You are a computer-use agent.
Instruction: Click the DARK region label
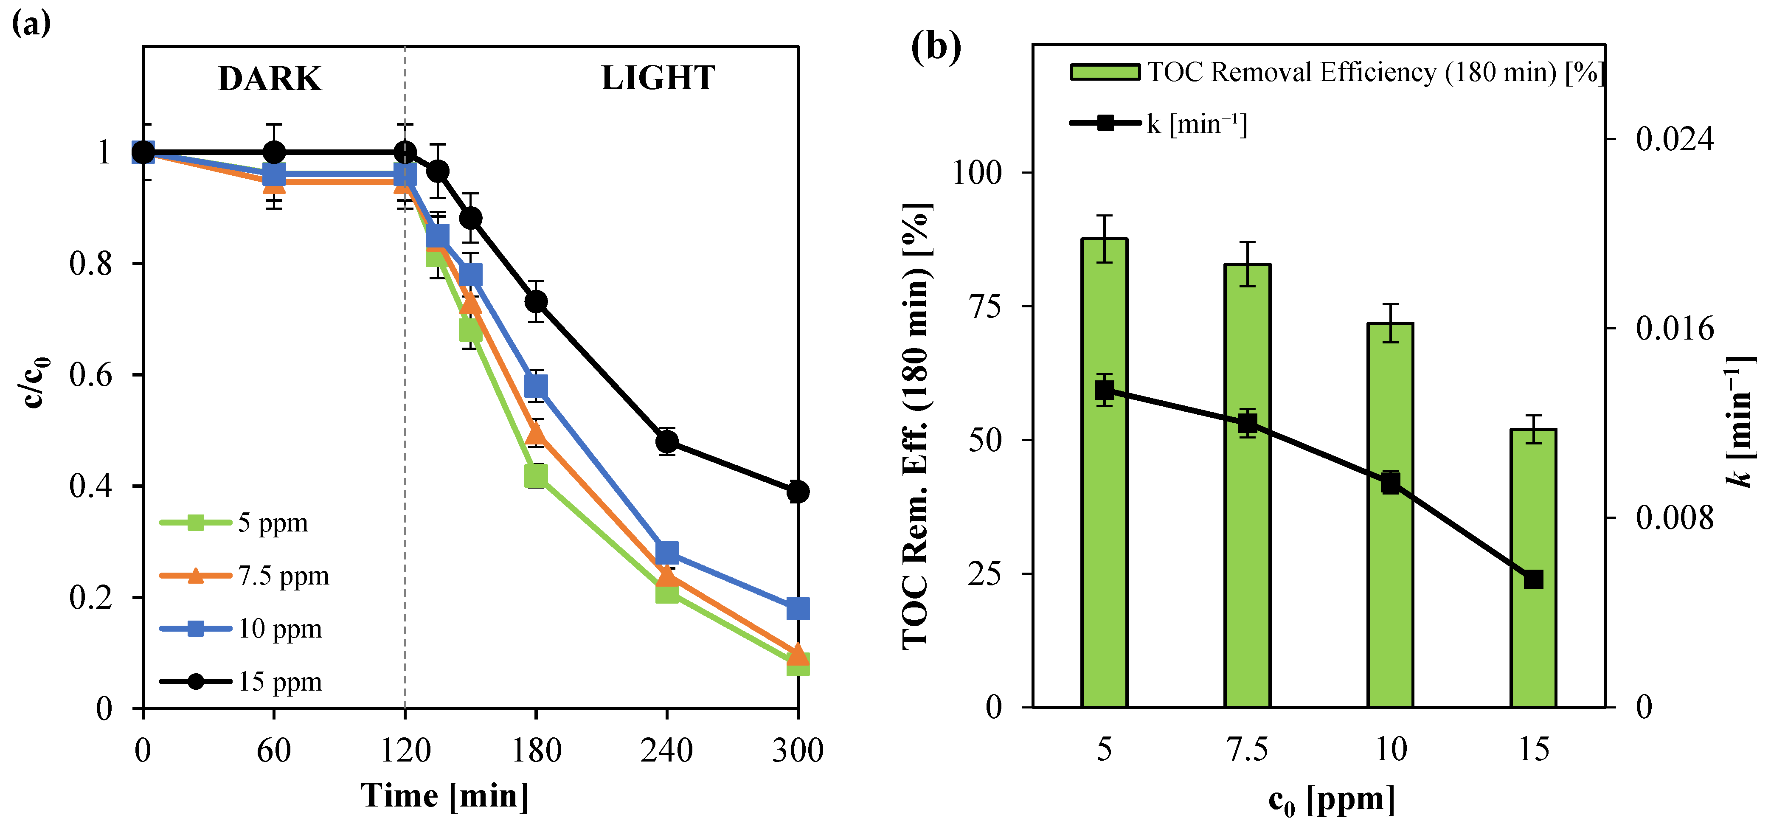pos(270,79)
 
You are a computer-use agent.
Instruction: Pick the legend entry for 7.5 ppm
pos(283,576)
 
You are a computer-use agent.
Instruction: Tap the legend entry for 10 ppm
pos(279,629)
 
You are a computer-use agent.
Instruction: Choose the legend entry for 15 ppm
pos(279,681)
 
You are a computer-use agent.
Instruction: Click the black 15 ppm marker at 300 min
pos(798,492)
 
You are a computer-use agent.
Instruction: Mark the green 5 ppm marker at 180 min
pos(536,475)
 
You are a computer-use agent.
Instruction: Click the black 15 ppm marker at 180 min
pos(536,301)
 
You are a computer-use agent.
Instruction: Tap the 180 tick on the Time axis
pos(536,750)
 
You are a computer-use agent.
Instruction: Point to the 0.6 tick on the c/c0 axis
pos(91,375)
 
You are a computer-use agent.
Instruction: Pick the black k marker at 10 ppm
pos(1390,483)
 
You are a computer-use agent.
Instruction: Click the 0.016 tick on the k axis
pos(1675,329)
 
